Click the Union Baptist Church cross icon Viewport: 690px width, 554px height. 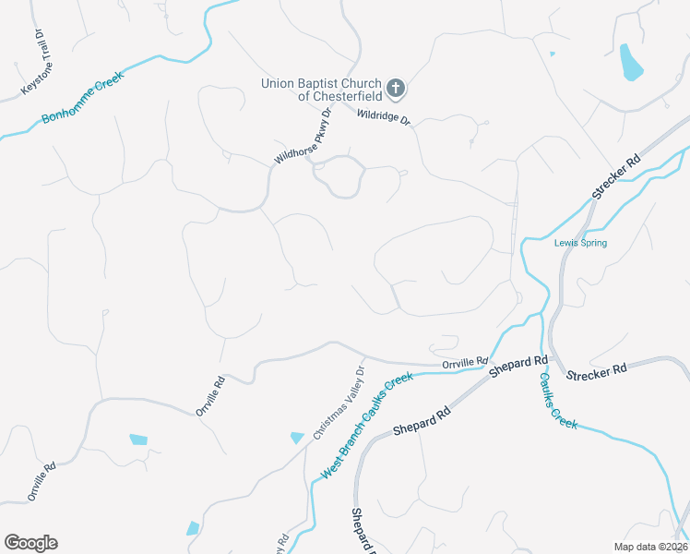pyautogui.click(x=396, y=89)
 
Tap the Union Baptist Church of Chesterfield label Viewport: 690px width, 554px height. pyautogui.click(x=320, y=89)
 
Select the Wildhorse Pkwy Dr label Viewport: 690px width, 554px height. pyautogui.click(x=302, y=138)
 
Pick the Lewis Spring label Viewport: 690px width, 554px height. pyautogui.click(x=580, y=244)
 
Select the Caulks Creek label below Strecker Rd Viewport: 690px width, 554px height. pyautogui.click(x=558, y=399)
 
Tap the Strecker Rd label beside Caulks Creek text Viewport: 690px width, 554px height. pyautogui.click(x=596, y=372)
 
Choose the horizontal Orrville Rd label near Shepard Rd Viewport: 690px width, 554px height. pyautogui.click(x=464, y=363)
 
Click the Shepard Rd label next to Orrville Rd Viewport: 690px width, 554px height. pyautogui.click(x=519, y=366)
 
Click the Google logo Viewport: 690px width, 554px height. pyautogui.click(x=30, y=543)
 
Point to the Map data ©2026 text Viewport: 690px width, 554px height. pyautogui.click(x=650, y=547)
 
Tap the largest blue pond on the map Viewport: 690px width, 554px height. pyautogui.click(x=630, y=62)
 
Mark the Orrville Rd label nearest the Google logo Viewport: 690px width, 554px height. pyautogui.click(x=42, y=480)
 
